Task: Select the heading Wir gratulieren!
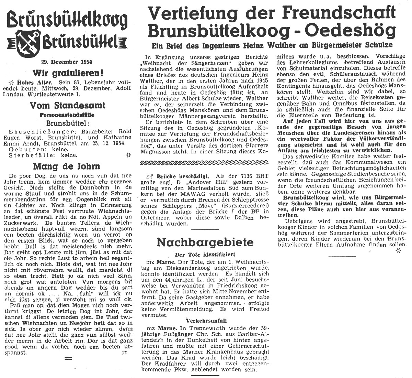pyautogui.click(x=68, y=73)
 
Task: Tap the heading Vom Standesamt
pyautogui.click(x=68, y=106)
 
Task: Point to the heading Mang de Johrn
pyautogui.click(x=67, y=166)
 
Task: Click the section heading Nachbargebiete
pyautogui.click(x=205, y=242)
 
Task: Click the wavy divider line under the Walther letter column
pyautogui.click(x=205, y=162)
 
